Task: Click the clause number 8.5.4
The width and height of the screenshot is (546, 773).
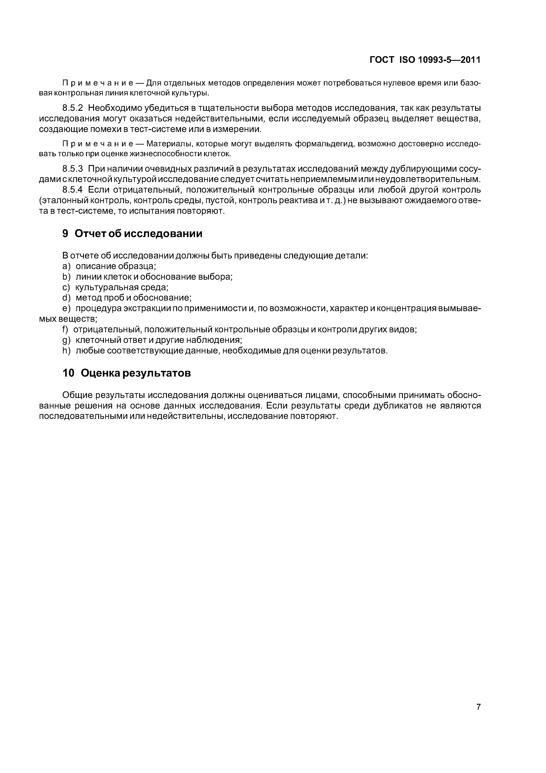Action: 72,190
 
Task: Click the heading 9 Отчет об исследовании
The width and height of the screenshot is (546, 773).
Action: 132,233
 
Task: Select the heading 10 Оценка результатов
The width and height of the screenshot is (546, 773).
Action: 127,373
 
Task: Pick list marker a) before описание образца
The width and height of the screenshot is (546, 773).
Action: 66,266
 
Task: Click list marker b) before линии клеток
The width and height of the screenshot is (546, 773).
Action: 66,277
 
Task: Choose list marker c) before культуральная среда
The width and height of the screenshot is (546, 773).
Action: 66,287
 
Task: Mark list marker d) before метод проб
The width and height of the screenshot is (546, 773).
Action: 66,298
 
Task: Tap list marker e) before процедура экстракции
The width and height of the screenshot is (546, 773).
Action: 66,308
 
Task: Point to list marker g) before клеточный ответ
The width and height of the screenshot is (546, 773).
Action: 66,340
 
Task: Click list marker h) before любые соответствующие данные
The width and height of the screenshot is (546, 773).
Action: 66,351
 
